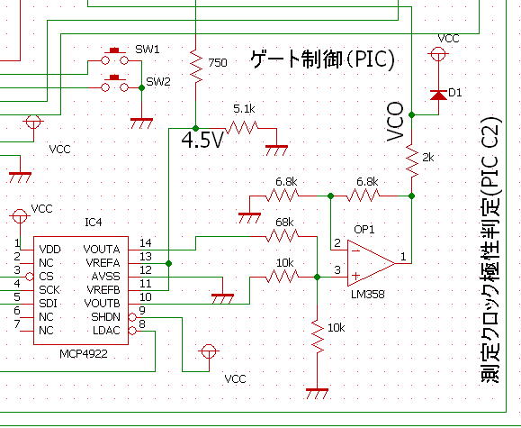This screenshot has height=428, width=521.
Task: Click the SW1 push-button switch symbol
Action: click(x=114, y=57)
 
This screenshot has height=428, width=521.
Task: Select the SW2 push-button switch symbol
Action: click(x=114, y=84)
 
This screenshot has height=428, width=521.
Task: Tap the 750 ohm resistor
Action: click(x=195, y=65)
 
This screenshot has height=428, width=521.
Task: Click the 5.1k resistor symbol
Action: click(x=242, y=128)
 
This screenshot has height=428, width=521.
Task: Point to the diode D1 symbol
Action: click(x=438, y=95)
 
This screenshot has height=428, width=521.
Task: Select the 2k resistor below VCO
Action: click(x=412, y=160)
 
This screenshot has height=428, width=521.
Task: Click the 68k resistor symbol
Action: click(x=283, y=236)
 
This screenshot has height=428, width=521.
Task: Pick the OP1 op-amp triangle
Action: click(x=371, y=263)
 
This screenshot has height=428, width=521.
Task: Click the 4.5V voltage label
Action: click(x=202, y=140)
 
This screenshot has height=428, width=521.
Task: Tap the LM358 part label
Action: click(x=368, y=295)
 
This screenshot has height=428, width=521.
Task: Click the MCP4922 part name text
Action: click(x=84, y=354)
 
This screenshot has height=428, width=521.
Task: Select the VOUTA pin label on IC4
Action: click(x=102, y=250)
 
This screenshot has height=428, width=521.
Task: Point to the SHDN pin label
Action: click(x=105, y=317)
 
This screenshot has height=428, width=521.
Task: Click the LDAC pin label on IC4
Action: click(x=106, y=331)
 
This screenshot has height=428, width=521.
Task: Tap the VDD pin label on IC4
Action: click(x=49, y=250)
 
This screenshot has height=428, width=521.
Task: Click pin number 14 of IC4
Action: click(x=146, y=243)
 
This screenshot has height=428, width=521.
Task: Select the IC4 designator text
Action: click(x=94, y=222)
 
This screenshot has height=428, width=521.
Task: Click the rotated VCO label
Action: click(x=395, y=122)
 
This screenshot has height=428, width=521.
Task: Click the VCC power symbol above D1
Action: click(x=438, y=53)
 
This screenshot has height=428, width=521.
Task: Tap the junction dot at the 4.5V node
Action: click(x=195, y=128)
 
